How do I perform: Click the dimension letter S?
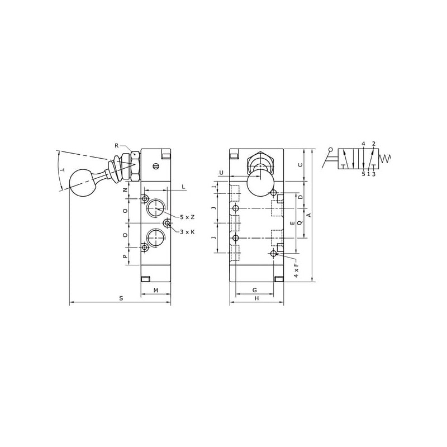point(121,298)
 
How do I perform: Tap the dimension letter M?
point(156,291)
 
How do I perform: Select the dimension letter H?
point(256,298)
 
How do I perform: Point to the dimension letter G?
point(255,290)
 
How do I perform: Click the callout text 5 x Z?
point(187,217)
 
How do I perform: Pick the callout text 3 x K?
point(187,232)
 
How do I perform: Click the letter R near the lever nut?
point(116,146)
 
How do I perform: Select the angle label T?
point(63,170)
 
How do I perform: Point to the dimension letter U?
point(221,173)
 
